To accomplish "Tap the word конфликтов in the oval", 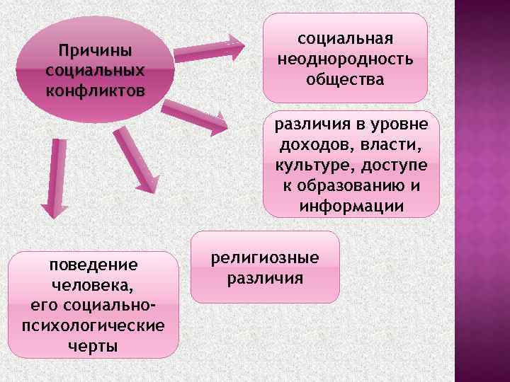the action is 94,91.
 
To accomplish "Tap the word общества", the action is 345,79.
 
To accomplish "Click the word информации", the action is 351,207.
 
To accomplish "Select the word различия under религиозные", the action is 266,278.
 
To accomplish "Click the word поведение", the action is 93,265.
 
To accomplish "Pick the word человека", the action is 93,286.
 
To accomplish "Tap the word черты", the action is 93,346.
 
